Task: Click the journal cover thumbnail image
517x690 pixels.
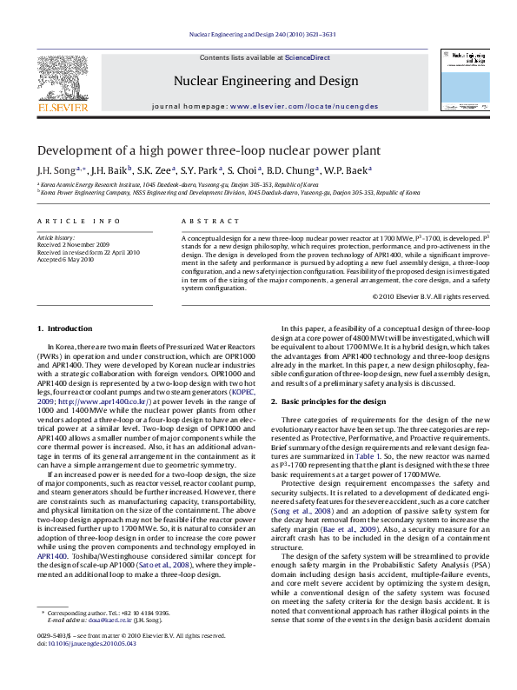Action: pos(464,77)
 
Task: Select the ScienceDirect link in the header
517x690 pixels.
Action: pos(308,57)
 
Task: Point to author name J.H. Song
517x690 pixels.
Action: pos(56,170)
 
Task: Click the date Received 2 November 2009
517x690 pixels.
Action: pos(73,245)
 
